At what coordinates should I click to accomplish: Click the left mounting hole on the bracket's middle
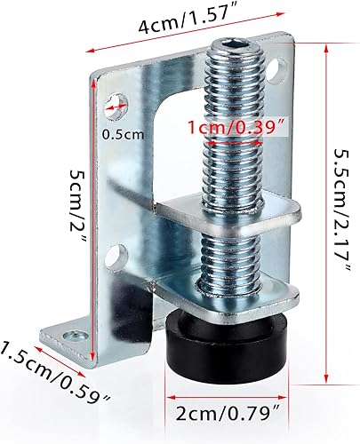112,258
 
